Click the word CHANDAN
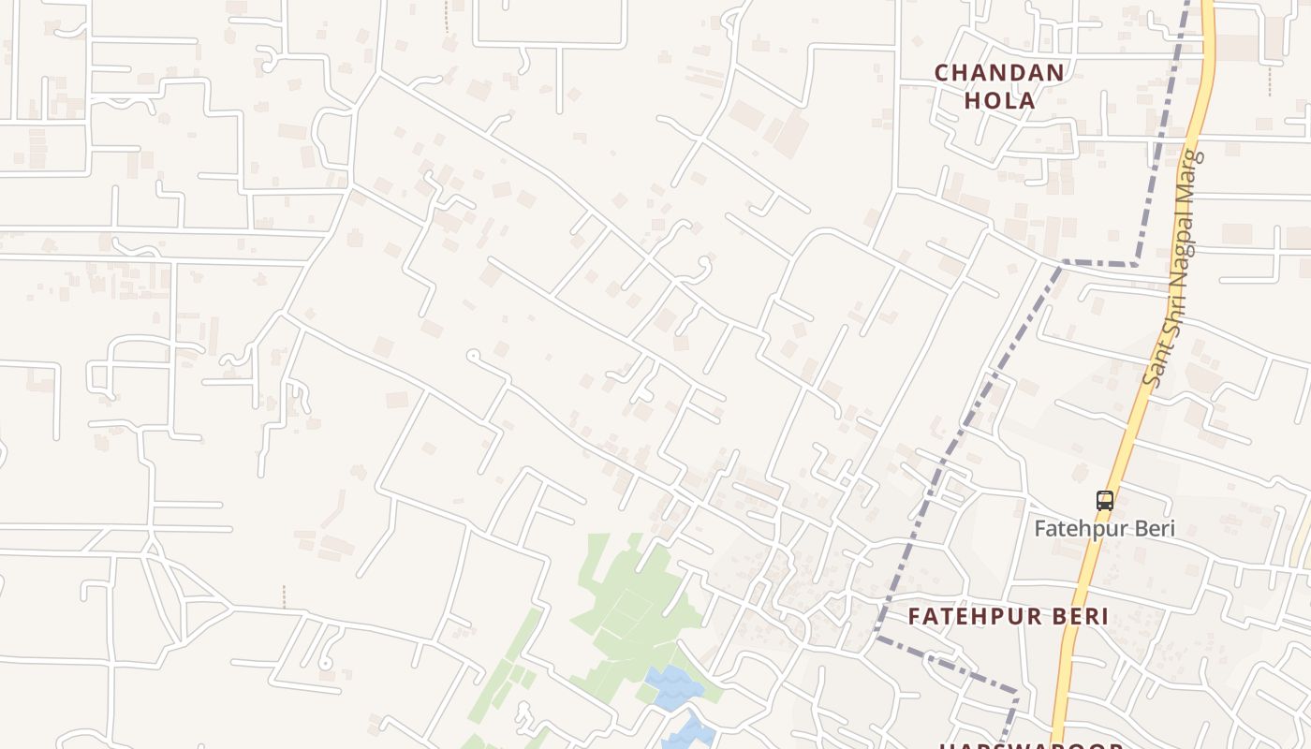(x=999, y=72)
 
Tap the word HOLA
(x=999, y=100)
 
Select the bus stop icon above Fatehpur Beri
(x=1105, y=501)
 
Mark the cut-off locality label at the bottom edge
(x=1030, y=745)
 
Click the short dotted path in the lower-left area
(x=284, y=596)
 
